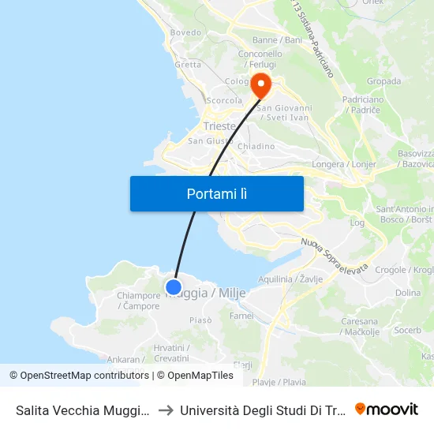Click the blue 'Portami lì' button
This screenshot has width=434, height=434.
tap(216, 193)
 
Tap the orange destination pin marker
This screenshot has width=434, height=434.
tap(259, 84)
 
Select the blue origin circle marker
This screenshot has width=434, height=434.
tap(174, 287)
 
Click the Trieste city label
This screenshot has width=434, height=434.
tap(219, 126)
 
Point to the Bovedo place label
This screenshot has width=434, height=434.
tap(186, 32)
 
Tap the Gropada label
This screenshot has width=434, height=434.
tap(383, 80)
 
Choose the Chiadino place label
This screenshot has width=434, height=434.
tap(256, 146)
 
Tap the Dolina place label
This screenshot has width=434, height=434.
tap(408, 293)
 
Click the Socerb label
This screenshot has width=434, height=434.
tap(408, 330)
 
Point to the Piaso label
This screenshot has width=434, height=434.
tap(200, 320)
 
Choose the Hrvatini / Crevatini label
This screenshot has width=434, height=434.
tap(171, 353)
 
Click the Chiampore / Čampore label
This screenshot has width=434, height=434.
tap(139, 301)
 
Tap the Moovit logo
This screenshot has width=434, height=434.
tap(386, 409)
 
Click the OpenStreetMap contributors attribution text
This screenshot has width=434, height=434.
tap(84, 376)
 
